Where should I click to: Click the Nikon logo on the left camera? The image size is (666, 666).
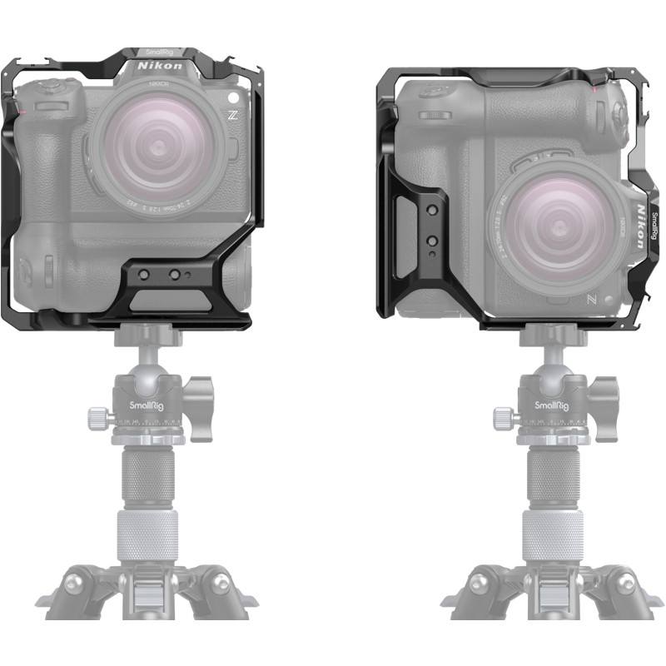pos(157,64)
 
